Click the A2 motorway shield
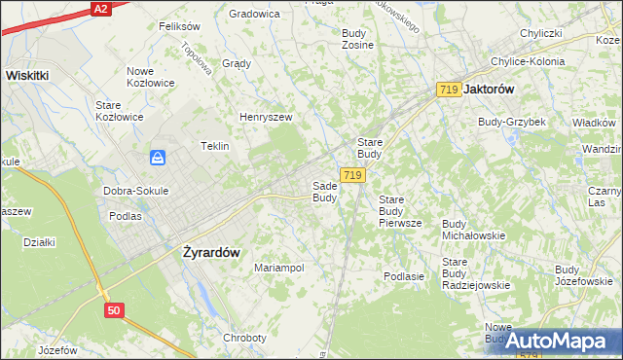[100, 8]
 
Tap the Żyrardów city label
[211, 250]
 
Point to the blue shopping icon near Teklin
[158, 157]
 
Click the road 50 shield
[116, 309]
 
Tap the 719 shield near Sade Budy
[352, 175]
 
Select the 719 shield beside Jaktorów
[449, 89]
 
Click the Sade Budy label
[324, 192]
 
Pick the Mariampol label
[279, 267]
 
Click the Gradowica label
[254, 14]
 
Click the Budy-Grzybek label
[511, 122]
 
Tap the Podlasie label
[404, 276]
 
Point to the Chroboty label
[244, 338]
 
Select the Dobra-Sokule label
[136, 191]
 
